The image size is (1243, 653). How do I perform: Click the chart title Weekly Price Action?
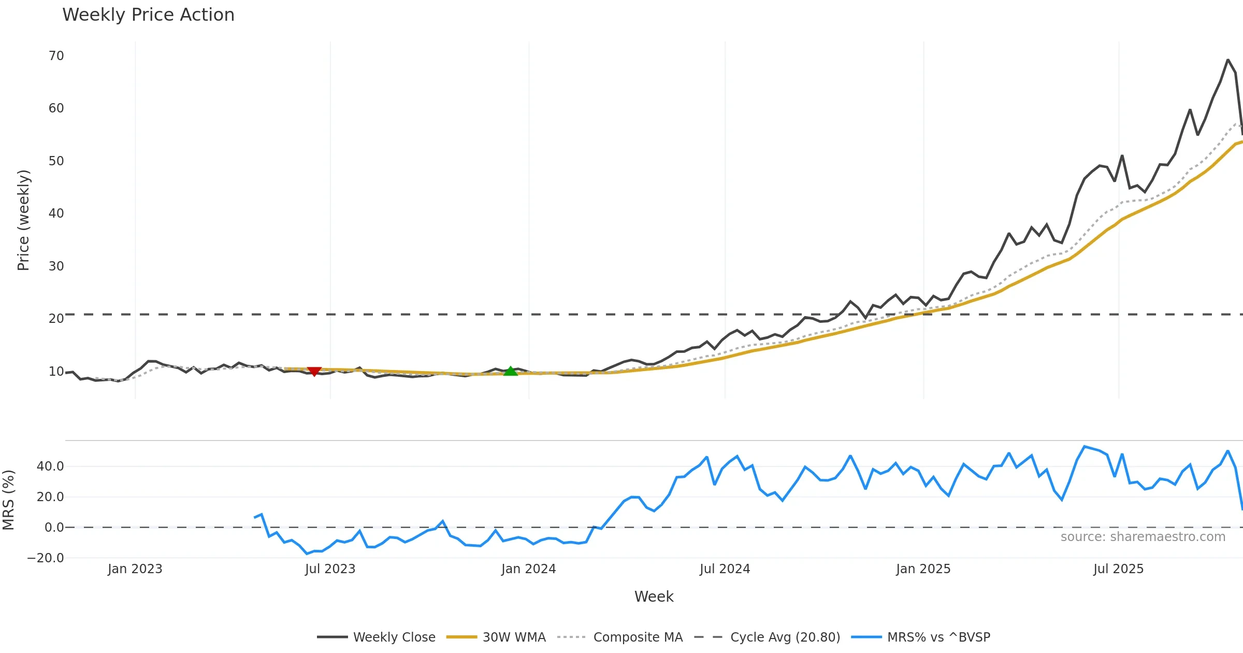click(x=148, y=15)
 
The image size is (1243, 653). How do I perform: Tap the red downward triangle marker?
click(x=314, y=371)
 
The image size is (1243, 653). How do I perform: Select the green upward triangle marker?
click(x=511, y=371)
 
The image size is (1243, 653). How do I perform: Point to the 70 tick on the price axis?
click(x=56, y=56)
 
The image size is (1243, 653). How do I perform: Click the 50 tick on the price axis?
click(x=56, y=161)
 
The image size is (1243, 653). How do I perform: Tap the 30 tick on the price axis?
click(x=56, y=266)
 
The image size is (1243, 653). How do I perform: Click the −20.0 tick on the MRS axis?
click(x=46, y=558)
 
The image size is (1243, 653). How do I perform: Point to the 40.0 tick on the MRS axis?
click(x=50, y=466)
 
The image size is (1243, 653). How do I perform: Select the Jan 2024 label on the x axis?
click(x=528, y=569)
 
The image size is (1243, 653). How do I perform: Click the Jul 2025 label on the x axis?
click(x=1118, y=569)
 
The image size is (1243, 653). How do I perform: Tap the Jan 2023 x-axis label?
click(x=135, y=569)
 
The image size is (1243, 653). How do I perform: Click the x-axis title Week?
click(x=654, y=597)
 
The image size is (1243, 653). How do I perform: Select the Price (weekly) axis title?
click(x=24, y=220)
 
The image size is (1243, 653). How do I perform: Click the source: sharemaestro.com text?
click(x=1143, y=537)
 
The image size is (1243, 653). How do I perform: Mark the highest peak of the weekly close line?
click(x=1227, y=60)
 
